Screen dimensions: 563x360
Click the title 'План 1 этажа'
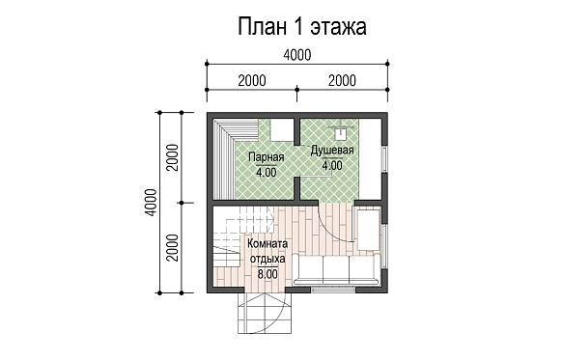(x=302, y=27)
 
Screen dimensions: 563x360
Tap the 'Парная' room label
(x=267, y=157)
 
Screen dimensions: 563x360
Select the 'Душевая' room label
(x=332, y=151)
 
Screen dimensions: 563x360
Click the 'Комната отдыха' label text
(x=267, y=251)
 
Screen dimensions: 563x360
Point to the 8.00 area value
(x=267, y=274)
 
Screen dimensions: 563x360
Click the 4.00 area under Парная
(x=267, y=173)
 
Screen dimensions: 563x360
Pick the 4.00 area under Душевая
(x=332, y=165)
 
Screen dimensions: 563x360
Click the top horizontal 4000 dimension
(x=297, y=55)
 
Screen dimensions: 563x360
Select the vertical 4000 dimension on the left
(x=152, y=203)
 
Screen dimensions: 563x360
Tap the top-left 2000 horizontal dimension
(x=252, y=81)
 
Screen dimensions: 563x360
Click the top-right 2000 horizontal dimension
(x=342, y=81)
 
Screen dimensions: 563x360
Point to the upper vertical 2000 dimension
(x=172, y=157)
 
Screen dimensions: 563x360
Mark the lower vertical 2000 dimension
(x=172, y=248)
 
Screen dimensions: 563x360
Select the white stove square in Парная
(x=282, y=130)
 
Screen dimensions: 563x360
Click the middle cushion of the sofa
(x=336, y=269)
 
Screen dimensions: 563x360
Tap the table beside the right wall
(x=368, y=230)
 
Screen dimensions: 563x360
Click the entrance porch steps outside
(x=265, y=313)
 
